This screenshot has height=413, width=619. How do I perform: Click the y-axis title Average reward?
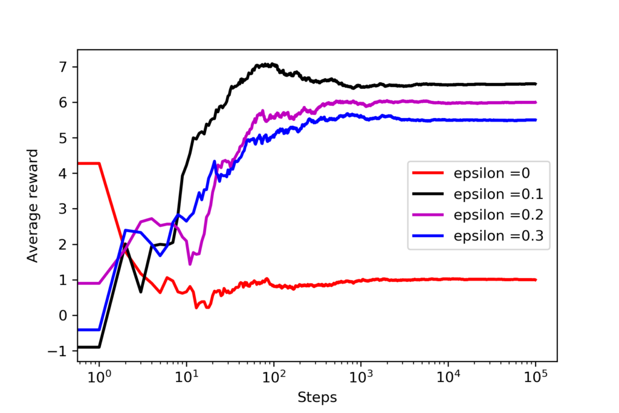[33, 206]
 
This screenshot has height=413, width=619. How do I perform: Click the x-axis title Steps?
[317, 397]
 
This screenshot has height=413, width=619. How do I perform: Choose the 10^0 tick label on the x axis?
[99, 379]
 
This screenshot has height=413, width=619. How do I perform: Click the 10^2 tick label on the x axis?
[273, 379]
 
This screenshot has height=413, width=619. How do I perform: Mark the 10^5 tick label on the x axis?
[535, 379]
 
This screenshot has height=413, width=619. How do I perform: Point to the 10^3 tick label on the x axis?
[361, 379]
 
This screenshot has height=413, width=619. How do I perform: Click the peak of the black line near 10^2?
[266, 64]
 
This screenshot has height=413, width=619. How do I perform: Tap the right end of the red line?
[536, 280]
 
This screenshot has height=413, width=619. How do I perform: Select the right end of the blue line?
[536, 120]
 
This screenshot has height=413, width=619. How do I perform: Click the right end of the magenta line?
[536, 102]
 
